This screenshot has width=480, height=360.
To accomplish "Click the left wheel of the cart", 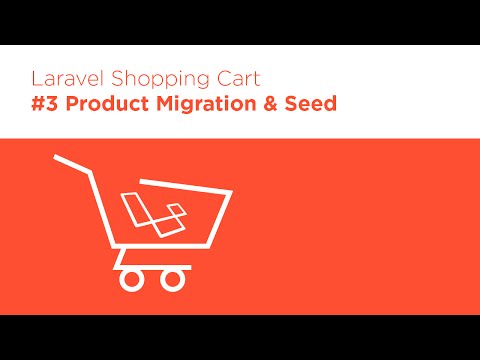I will (x=130, y=278).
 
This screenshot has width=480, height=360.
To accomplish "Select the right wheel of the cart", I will (x=174, y=278).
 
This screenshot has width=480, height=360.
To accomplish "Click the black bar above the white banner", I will (x=240, y=22).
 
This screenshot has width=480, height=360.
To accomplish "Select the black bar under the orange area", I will (x=240, y=337).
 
